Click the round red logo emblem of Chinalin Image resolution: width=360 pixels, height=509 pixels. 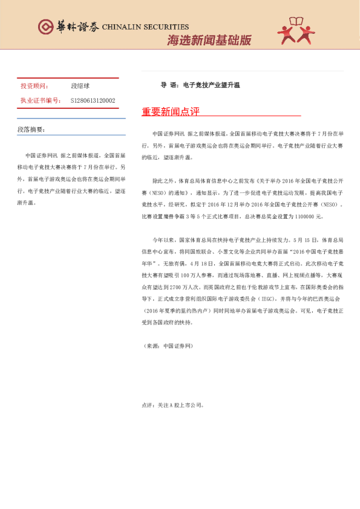(45, 26)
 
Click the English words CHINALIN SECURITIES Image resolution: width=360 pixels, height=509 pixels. (145, 27)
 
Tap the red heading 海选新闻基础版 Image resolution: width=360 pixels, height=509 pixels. (208, 41)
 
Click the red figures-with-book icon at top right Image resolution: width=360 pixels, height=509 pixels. (296, 31)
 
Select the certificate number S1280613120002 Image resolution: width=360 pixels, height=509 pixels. (93, 101)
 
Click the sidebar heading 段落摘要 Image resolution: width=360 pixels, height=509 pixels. (31, 129)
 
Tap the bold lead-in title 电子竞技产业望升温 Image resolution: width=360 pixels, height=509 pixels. (209, 85)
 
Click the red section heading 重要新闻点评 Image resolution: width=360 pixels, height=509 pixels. (170, 112)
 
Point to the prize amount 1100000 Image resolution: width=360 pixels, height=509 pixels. (305, 216)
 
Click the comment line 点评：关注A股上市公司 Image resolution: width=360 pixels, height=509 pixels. (172, 404)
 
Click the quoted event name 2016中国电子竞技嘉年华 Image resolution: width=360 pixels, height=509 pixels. (306, 255)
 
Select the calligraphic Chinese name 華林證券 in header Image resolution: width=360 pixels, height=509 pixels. (76, 27)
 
